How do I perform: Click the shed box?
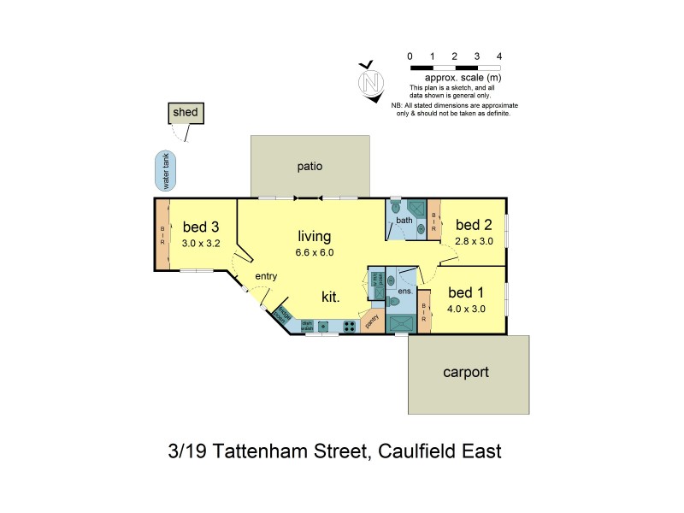coord(186,113)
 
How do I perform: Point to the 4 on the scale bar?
coord(499,56)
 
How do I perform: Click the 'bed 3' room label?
coord(202,227)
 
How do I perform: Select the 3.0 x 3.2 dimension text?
coord(202,243)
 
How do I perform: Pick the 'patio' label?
coord(310,166)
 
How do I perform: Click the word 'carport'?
coord(465,373)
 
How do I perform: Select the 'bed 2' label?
coord(474,225)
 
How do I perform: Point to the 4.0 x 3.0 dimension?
coord(466,309)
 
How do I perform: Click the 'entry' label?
coord(267,275)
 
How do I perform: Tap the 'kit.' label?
coord(332,297)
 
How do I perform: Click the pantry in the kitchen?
coord(372,321)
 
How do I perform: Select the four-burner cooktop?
coord(349,326)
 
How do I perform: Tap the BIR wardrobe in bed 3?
coord(162,234)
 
